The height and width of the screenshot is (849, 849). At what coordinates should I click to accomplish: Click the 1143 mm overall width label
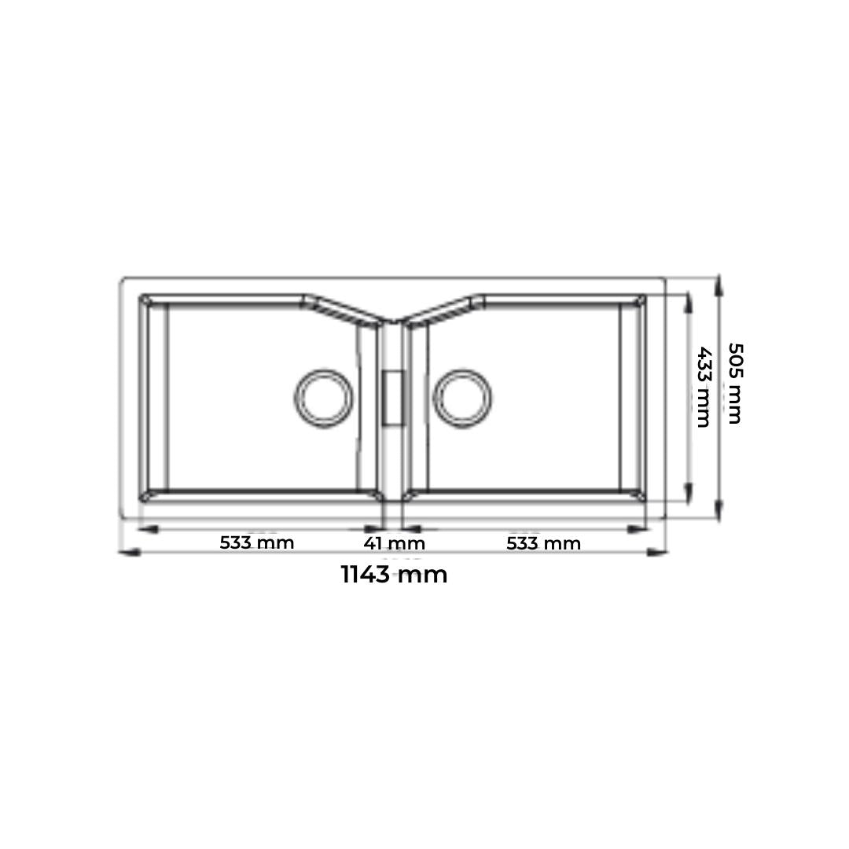[x=394, y=575]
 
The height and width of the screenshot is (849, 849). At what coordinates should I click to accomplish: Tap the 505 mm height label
[x=734, y=383]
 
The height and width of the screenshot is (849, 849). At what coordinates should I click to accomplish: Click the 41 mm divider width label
[x=394, y=543]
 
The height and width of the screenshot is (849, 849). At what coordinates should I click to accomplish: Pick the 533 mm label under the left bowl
[x=256, y=542]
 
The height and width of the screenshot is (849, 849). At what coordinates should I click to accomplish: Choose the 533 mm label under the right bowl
[x=543, y=543]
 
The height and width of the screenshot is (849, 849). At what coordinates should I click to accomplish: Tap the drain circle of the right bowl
[x=463, y=398]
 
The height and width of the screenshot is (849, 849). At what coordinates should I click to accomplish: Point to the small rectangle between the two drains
[x=392, y=398]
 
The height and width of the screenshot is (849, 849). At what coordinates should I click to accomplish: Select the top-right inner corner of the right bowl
[x=641, y=300]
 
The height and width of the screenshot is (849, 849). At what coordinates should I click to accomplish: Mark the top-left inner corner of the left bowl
[x=145, y=300]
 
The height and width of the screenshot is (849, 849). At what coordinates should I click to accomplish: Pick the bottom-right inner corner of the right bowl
[x=641, y=496]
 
